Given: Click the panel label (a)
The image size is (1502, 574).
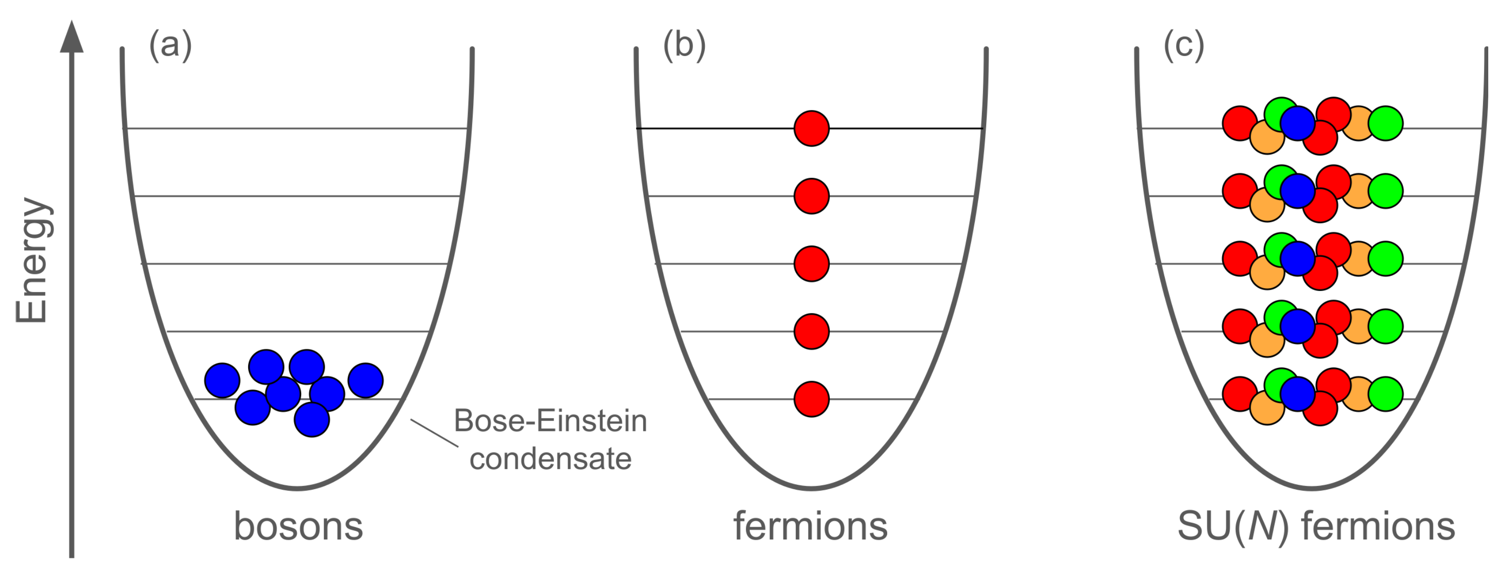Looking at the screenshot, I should (x=170, y=45).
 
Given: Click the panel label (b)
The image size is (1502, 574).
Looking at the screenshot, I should (x=684, y=45).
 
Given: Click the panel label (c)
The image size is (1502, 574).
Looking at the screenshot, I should (x=1184, y=45).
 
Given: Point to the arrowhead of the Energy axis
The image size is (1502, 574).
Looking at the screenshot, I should (x=72, y=37).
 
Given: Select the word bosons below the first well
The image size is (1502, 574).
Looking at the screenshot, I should (x=298, y=526).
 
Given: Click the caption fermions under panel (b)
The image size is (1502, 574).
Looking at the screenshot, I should (x=810, y=526).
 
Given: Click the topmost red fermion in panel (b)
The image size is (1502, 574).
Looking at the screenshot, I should (x=812, y=128).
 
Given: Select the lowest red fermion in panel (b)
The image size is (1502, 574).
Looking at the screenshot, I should (x=812, y=399).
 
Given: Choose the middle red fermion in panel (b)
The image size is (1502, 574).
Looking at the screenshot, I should (x=812, y=264).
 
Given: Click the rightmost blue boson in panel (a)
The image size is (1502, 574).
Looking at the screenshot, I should (x=366, y=380).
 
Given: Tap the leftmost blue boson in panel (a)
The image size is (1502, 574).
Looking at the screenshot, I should (x=222, y=380).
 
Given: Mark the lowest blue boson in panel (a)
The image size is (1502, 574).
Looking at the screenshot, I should (x=312, y=419).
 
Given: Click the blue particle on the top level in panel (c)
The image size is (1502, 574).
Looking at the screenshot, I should (x=1297, y=123).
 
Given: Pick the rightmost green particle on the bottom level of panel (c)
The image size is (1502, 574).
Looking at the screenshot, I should (x=1385, y=394).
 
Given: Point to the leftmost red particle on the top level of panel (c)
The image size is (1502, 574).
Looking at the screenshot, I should (x=1240, y=123).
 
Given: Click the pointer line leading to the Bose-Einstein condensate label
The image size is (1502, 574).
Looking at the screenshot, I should (x=434, y=433).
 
